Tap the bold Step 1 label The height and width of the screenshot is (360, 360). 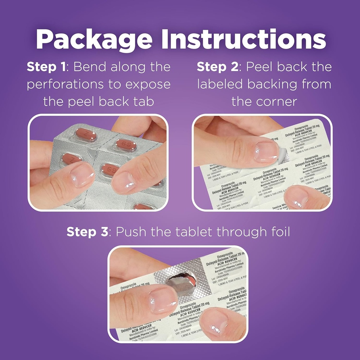click(x=46, y=67)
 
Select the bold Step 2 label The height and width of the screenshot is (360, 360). click(x=217, y=67)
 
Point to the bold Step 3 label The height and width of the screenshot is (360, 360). click(x=86, y=232)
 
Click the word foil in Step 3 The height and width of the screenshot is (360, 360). click(x=278, y=232)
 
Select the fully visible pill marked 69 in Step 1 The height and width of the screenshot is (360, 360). click(x=126, y=145)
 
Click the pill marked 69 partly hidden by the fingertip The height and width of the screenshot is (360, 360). click(x=110, y=170)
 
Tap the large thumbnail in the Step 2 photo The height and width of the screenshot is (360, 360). click(x=266, y=152)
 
